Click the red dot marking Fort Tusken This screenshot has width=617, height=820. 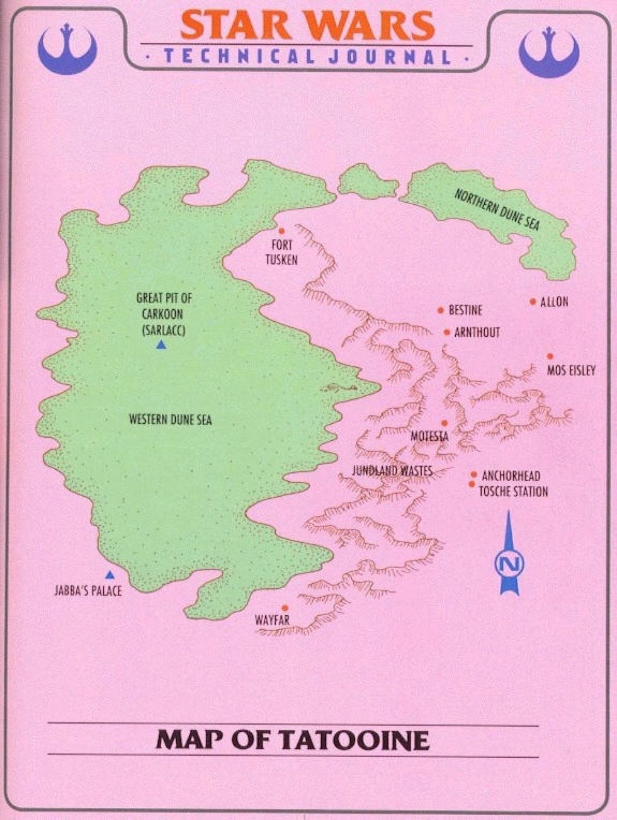point(281,231)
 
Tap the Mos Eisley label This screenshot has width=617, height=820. point(570,370)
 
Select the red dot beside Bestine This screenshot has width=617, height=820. point(441,310)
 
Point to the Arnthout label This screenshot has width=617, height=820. point(477,332)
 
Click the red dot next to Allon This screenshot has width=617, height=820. point(533,302)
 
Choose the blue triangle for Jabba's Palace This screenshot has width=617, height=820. point(110,574)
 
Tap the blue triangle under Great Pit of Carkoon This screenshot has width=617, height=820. point(161,345)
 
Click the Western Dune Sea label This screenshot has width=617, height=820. point(170,419)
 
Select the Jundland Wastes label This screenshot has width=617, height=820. point(392,470)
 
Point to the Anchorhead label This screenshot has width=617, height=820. point(511,475)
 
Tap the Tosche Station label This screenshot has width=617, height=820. point(513,491)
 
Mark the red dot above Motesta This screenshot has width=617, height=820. point(444,423)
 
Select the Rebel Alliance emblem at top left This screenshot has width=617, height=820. point(67,48)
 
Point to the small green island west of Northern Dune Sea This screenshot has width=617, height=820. point(367,181)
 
